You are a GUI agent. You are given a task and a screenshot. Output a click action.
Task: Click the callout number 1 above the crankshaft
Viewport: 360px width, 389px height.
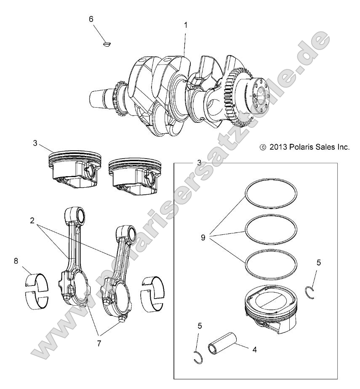[x=185, y=25]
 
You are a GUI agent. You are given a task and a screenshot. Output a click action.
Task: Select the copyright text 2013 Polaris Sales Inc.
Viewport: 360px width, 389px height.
[x=305, y=148]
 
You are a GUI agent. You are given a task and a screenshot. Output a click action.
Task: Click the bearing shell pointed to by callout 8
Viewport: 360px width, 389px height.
[x=37, y=291]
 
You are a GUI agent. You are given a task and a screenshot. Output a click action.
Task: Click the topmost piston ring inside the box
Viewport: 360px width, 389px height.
[x=272, y=181]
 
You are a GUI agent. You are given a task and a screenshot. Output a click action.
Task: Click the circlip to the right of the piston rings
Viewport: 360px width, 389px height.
[x=310, y=291]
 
